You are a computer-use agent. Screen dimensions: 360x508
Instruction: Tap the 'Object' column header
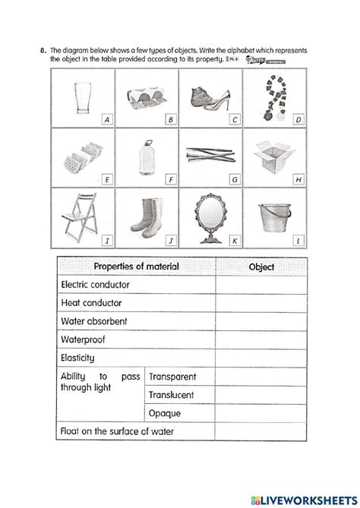pyautogui.click(x=261, y=267)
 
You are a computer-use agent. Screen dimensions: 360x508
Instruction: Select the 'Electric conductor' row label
pyautogui.click(x=94, y=285)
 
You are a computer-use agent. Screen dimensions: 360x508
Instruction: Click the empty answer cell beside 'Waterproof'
pyautogui.click(x=261, y=339)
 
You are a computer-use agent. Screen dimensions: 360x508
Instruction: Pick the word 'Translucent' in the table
pyautogui.click(x=171, y=395)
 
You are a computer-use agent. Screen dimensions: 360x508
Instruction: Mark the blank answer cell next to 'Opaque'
pyautogui.click(x=261, y=414)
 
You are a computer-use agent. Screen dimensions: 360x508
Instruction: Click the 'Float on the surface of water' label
pyautogui.click(x=116, y=432)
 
